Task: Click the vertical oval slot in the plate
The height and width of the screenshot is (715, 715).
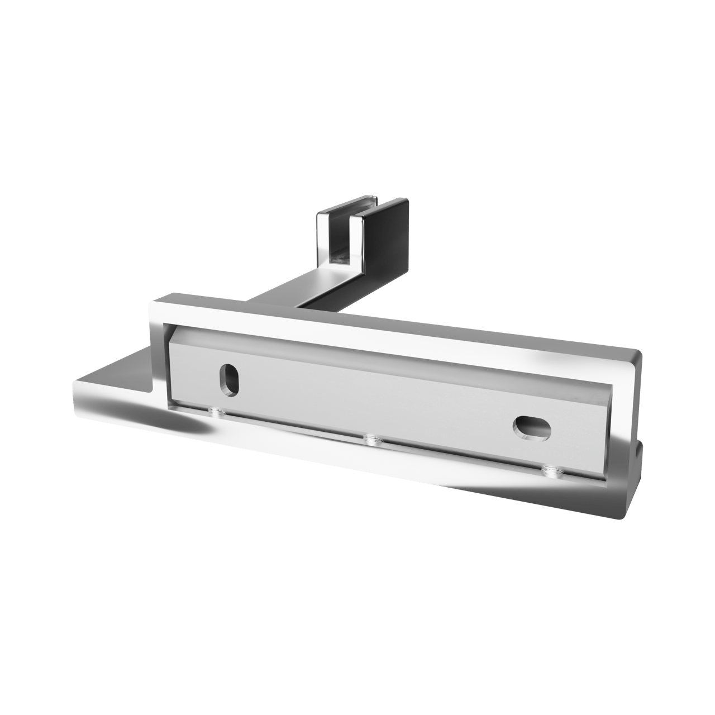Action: pyautogui.click(x=227, y=380)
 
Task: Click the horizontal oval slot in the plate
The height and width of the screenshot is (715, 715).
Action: pyautogui.click(x=531, y=428)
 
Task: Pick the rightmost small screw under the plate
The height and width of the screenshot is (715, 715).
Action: pyautogui.click(x=552, y=472)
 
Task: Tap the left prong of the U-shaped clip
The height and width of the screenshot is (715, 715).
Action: pyautogui.click(x=323, y=240)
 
